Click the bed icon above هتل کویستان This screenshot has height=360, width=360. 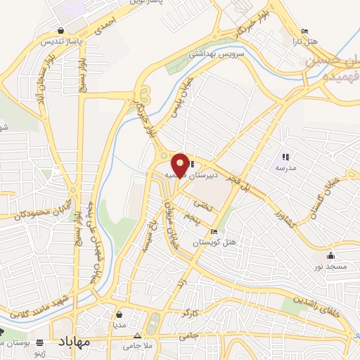pos(214,233)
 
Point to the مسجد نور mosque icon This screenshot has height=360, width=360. pos(330,255)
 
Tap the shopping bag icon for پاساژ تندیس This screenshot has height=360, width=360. pos(63,31)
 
